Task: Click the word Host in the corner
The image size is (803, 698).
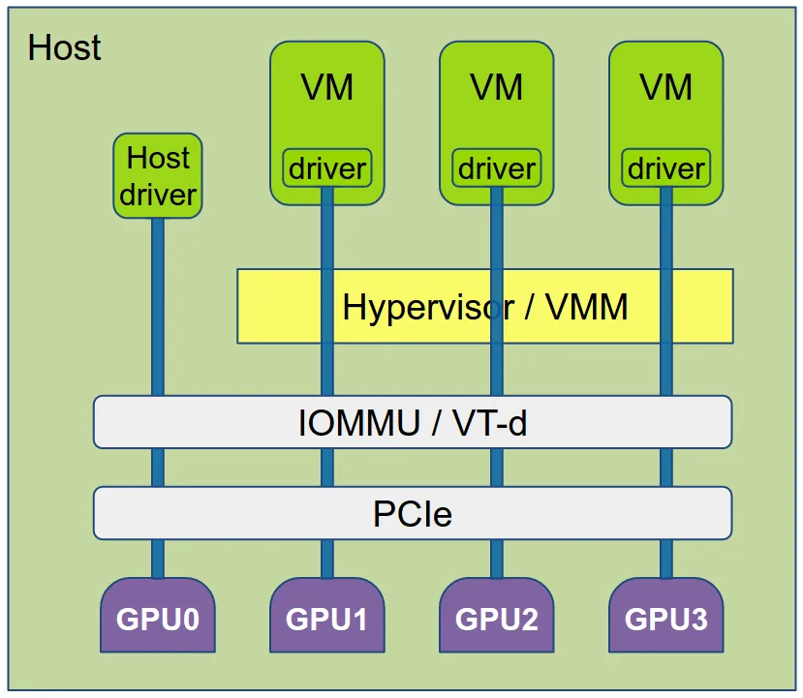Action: (64, 47)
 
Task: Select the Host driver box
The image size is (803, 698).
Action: (158, 176)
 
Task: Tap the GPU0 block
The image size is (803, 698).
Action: (158, 617)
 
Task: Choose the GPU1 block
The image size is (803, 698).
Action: (326, 617)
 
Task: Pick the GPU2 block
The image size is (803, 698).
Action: (496, 617)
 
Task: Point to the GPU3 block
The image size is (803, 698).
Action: (665, 617)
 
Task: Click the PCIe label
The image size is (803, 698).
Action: (413, 513)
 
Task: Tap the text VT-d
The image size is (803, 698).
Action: (490, 423)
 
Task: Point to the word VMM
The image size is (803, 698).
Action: (587, 307)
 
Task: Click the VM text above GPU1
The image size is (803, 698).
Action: (326, 88)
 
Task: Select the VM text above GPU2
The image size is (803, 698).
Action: (496, 88)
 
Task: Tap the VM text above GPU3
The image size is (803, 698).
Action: (665, 88)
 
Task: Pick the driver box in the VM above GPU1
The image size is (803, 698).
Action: (326, 168)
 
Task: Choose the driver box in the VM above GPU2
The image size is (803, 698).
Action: (496, 168)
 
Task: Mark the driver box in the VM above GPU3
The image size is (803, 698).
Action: (665, 168)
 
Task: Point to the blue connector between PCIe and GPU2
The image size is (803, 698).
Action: (496, 559)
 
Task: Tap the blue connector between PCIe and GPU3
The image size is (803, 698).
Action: (665, 559)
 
